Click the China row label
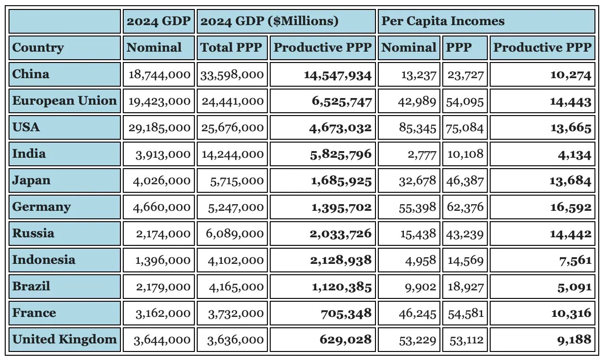click(x=31, y=74)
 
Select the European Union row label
click(x=64, y=101)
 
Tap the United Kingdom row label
click(x=64, y=340)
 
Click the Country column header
click(x=38, y=48)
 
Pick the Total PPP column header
click(x=231, y=48)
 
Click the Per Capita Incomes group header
click(x=443, y=21)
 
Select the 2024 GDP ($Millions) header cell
click(x=270, y=21)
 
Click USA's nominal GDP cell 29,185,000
click(x=159, y=128)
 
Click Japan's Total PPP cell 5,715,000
click(x=237, y=181)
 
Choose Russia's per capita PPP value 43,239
click(x=465, y=234)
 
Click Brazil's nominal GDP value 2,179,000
click(x=163, y=287)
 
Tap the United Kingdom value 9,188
click(x=575, y=340)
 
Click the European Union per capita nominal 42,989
click(x=418, y=101)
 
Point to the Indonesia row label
click(x=44, y=260)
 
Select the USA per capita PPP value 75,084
click(x=465, y=128)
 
